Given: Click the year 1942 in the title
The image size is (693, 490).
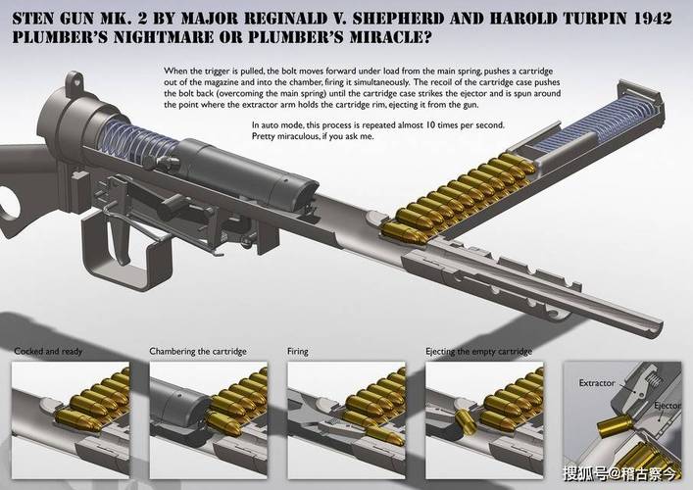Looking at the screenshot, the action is click(x=653, y=18).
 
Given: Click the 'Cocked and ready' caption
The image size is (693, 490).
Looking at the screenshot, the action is click(x=48, y=352).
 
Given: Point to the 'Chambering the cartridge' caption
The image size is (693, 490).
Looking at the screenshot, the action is click(x=198, y=352).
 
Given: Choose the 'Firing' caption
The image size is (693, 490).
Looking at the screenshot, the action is click(x=298, y=352).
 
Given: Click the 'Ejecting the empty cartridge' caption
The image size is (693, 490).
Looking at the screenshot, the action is click(x=478, y=352).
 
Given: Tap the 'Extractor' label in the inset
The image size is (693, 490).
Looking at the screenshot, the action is click(x=597, y=383).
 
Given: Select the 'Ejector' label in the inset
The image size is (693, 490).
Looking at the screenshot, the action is click(x=668, y=406).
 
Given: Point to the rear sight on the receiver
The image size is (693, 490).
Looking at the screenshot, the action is click(x=74, y=80).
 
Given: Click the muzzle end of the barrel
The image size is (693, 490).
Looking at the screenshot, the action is click(x=655, y=328).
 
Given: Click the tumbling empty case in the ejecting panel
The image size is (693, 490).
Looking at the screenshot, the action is click(x=466, y=421).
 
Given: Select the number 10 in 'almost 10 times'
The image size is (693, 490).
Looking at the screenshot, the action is click(x=430, y=125).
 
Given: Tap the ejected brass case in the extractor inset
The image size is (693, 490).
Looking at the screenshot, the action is click(x=615, y=427).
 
